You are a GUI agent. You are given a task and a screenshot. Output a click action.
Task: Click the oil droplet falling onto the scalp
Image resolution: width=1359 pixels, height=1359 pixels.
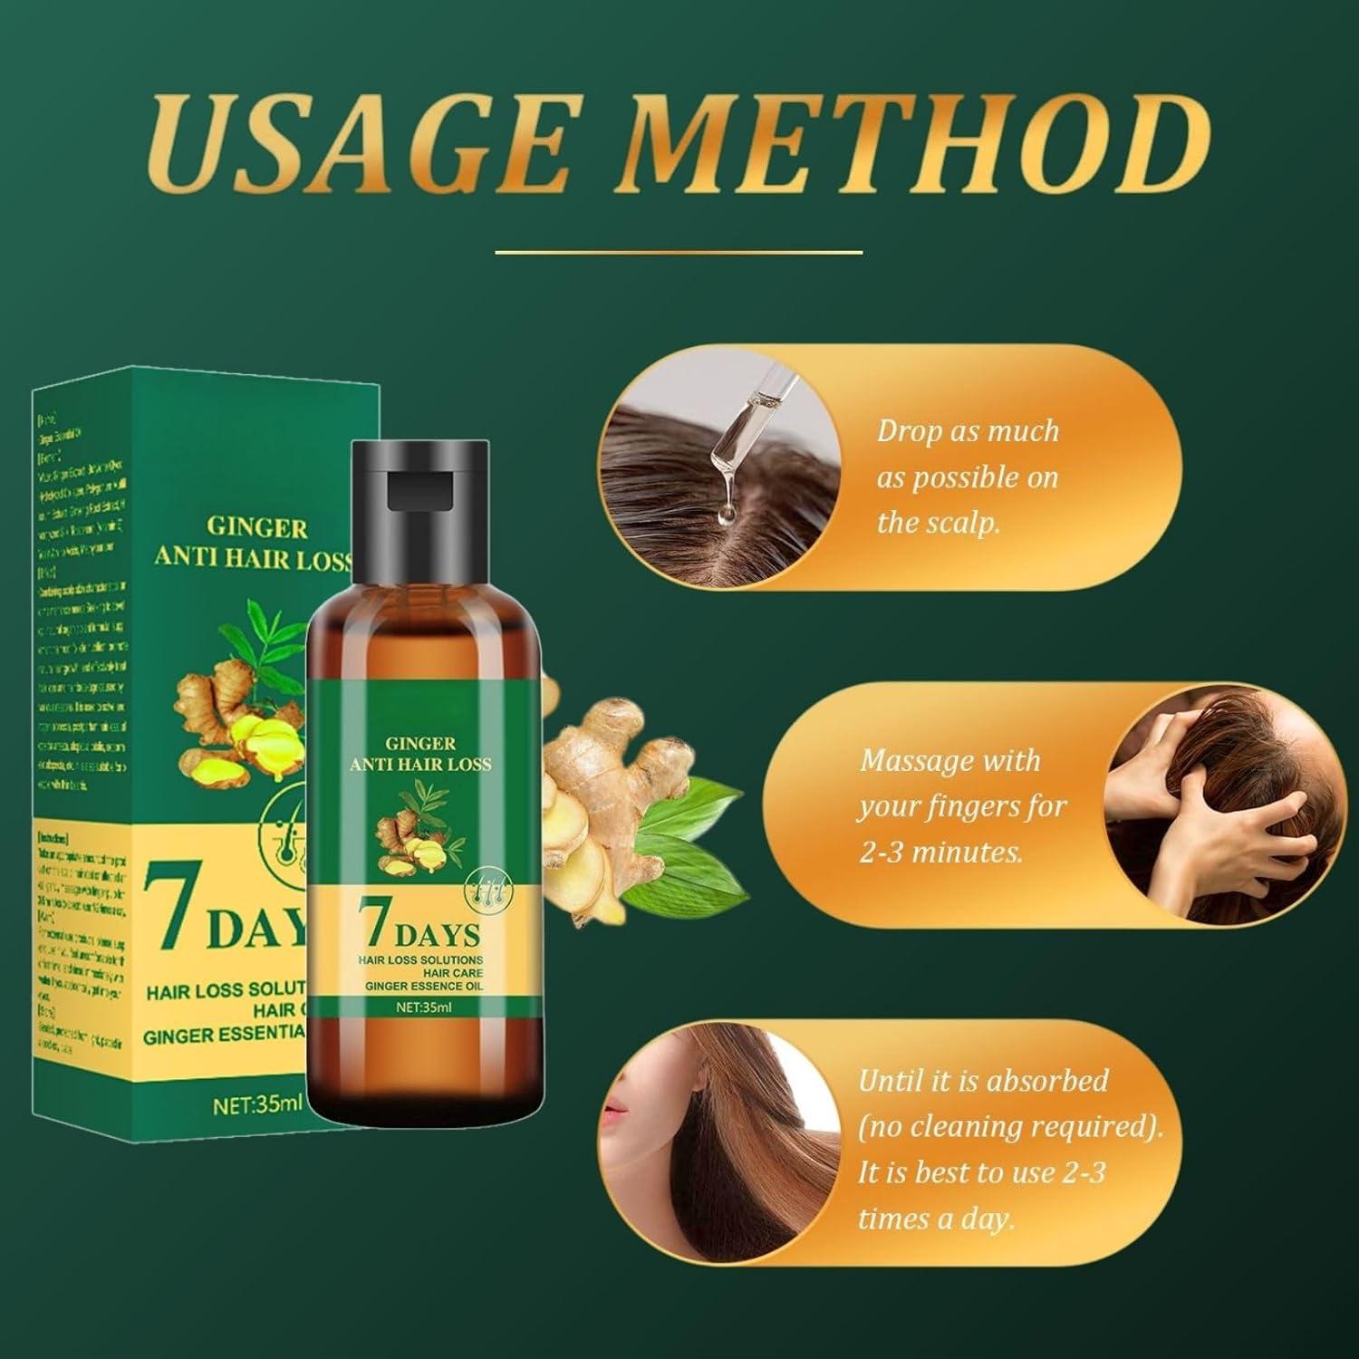(725, 516)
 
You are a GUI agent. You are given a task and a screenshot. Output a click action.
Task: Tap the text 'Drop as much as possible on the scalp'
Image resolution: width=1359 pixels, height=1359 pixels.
(968, 477)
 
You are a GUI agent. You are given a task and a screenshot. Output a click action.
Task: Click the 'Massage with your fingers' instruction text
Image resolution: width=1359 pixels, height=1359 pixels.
(962, 806)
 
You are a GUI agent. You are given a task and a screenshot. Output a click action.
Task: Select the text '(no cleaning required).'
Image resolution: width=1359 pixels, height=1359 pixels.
(1009, 1127)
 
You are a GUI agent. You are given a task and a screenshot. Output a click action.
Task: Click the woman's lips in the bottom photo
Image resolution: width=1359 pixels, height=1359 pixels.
(619, 1113)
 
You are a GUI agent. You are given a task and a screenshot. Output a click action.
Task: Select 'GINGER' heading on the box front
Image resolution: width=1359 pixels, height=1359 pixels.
(258, 528)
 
